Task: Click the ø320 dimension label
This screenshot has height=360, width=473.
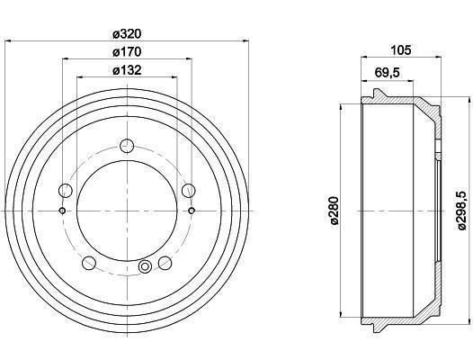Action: (127, 34)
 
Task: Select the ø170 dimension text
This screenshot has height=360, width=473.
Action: (127, 52)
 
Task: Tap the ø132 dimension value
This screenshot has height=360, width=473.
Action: (127, 71)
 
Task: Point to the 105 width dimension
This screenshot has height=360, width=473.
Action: (400, 50)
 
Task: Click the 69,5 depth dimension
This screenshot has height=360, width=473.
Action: (388, 73)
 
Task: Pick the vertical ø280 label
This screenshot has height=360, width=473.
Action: (335, 211)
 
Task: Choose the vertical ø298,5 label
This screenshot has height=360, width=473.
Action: (462, 211)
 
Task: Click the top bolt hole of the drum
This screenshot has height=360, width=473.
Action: (127, 146)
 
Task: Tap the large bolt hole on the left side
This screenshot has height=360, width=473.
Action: (65, 191)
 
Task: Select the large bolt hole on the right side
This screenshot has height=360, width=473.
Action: (189, 191)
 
